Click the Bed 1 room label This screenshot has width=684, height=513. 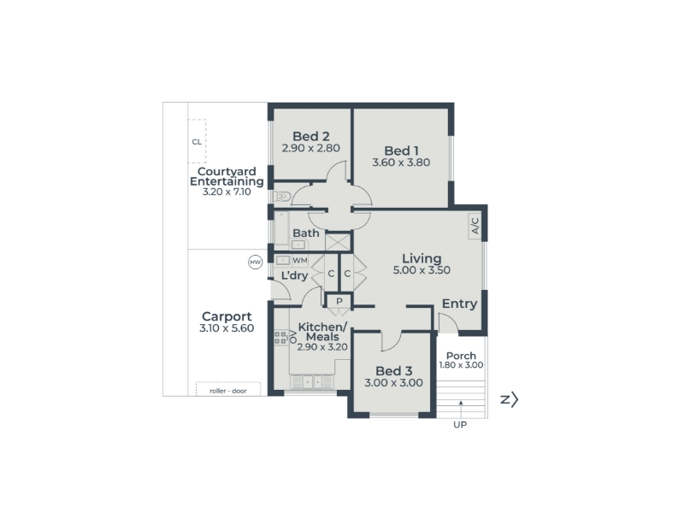click(x=401, y=151)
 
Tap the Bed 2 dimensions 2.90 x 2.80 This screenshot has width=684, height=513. click(x=311, y=148)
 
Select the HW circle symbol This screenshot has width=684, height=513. click(x=255, y=262)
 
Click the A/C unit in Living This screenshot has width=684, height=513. click(x=475, y=226)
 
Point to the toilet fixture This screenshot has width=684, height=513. click(x=282, y=197)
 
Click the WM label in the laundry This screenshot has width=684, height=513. click(x=300, y=261)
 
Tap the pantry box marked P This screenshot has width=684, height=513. click(x=339, y=301)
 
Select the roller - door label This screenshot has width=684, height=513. click(x=228, y=391)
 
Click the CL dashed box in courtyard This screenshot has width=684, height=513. click(x=197, y=141)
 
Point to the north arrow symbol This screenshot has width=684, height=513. click(x=510, y=399)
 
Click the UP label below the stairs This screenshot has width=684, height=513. click(x=460, y=424)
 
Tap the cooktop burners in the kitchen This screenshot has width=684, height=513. click(x=280, y=337)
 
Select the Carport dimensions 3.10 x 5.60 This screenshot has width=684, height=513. click(x=227, y=328)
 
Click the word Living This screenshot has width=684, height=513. click(x=422, y=259)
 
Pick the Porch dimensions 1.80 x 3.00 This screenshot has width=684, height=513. click(x=461, y=365)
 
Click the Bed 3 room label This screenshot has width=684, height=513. click(x=394, y=371)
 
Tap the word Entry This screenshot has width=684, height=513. click(x=460, y=304)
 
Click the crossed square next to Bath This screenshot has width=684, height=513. click(x=338, y=242)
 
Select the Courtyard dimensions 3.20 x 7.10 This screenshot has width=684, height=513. click(x=227, y=192)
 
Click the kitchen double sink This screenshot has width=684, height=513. click(x=312, y=382)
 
